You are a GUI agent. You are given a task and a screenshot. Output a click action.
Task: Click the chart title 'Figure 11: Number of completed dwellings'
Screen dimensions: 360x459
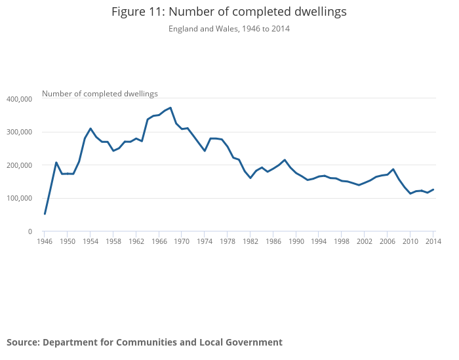pos(229,12)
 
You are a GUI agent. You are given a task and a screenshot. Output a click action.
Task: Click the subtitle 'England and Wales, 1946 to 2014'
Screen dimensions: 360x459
pos(229,29)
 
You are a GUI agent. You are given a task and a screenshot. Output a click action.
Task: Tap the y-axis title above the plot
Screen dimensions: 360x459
pos(100,94)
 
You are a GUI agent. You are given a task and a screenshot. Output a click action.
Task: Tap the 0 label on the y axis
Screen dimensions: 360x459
pos(30,231)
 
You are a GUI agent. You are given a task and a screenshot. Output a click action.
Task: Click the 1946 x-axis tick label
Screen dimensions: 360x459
pos(45,242)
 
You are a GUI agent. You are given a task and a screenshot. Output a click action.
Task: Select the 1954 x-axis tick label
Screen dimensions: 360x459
pos(90,242)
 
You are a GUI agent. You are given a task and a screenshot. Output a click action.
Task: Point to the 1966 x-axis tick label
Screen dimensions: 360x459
pos(159,242)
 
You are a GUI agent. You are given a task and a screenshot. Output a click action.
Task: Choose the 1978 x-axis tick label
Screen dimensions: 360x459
pos(228,242)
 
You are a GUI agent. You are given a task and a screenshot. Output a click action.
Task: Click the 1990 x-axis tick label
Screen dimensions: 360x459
pos(296,242)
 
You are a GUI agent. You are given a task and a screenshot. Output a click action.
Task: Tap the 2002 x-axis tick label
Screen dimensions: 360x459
pos(365,242)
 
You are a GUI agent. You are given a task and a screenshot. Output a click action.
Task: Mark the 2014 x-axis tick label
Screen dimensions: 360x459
pos(433,242)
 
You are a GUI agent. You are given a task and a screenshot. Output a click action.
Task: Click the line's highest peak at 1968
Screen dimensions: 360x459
pos(170,108)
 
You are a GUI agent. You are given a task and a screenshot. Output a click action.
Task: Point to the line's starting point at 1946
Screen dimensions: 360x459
pos(45,214)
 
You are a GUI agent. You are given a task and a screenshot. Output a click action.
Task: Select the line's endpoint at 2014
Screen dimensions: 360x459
pos(433,190)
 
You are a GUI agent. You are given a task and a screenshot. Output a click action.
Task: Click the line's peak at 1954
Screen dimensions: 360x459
pos(90,129)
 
